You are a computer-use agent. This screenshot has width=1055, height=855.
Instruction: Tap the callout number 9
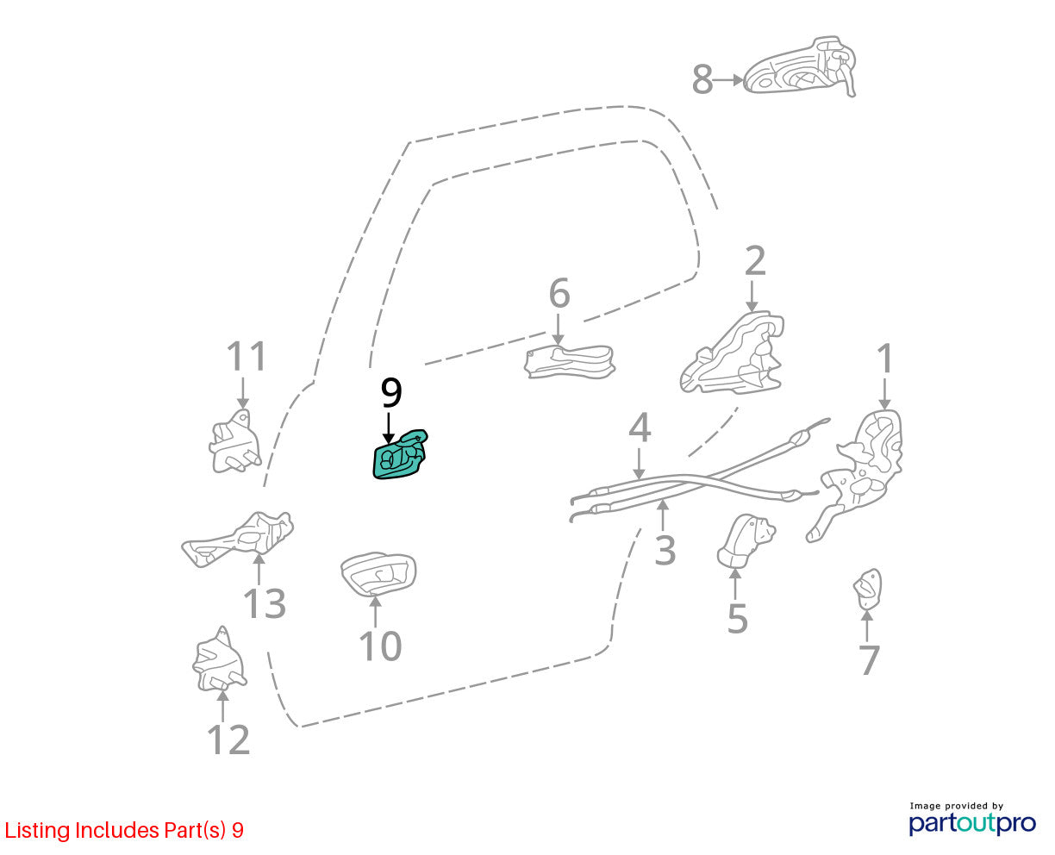[x=391, y=393]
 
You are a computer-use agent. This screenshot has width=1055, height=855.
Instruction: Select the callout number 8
[x=702, y=79]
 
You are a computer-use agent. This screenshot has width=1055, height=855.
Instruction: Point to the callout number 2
[x=755, y=260]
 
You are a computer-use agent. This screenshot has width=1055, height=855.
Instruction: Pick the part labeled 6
[x=570, y=362]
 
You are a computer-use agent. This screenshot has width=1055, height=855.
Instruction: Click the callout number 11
[x=247, y=356]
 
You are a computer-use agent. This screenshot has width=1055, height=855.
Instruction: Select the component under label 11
[x=234, y=441]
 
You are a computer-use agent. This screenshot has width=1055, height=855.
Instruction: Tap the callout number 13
[x=265, y=604]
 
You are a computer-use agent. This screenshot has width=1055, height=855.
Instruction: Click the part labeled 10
[x=378, y=573]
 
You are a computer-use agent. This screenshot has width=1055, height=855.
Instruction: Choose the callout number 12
[x=228, y=740]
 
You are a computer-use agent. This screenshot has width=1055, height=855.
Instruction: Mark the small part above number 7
[x=867, y=590]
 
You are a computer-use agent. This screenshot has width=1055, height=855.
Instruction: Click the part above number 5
[x=746, y=541]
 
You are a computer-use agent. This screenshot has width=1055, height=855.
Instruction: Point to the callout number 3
[x=665, y=551]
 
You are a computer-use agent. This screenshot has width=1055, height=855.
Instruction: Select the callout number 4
[x=640, y=427]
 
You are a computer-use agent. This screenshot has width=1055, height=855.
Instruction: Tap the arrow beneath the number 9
[x=389, y=428]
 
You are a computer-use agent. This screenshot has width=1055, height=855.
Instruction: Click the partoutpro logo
[x=972, y=822]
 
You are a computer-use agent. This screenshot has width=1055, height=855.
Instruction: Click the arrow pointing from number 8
[x=729, y=80]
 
